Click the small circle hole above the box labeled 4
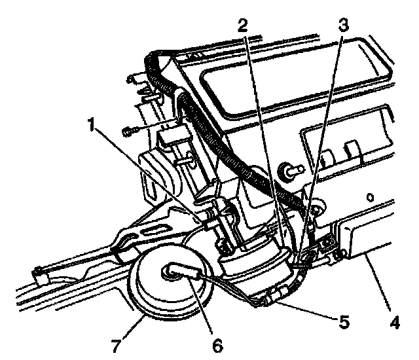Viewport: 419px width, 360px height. click(x=371, y=196)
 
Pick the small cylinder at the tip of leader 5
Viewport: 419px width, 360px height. click(x=272, y=297)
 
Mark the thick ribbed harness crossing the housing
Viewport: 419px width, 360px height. click(x=223, y=137)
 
